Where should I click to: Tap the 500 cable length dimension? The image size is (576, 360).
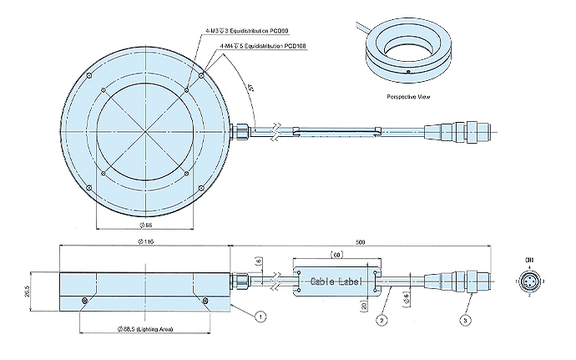360,241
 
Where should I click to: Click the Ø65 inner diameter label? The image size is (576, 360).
146,226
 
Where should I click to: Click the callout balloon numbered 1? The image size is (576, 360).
261,317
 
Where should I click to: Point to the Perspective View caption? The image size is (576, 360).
408,97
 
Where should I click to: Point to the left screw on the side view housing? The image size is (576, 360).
84,300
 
